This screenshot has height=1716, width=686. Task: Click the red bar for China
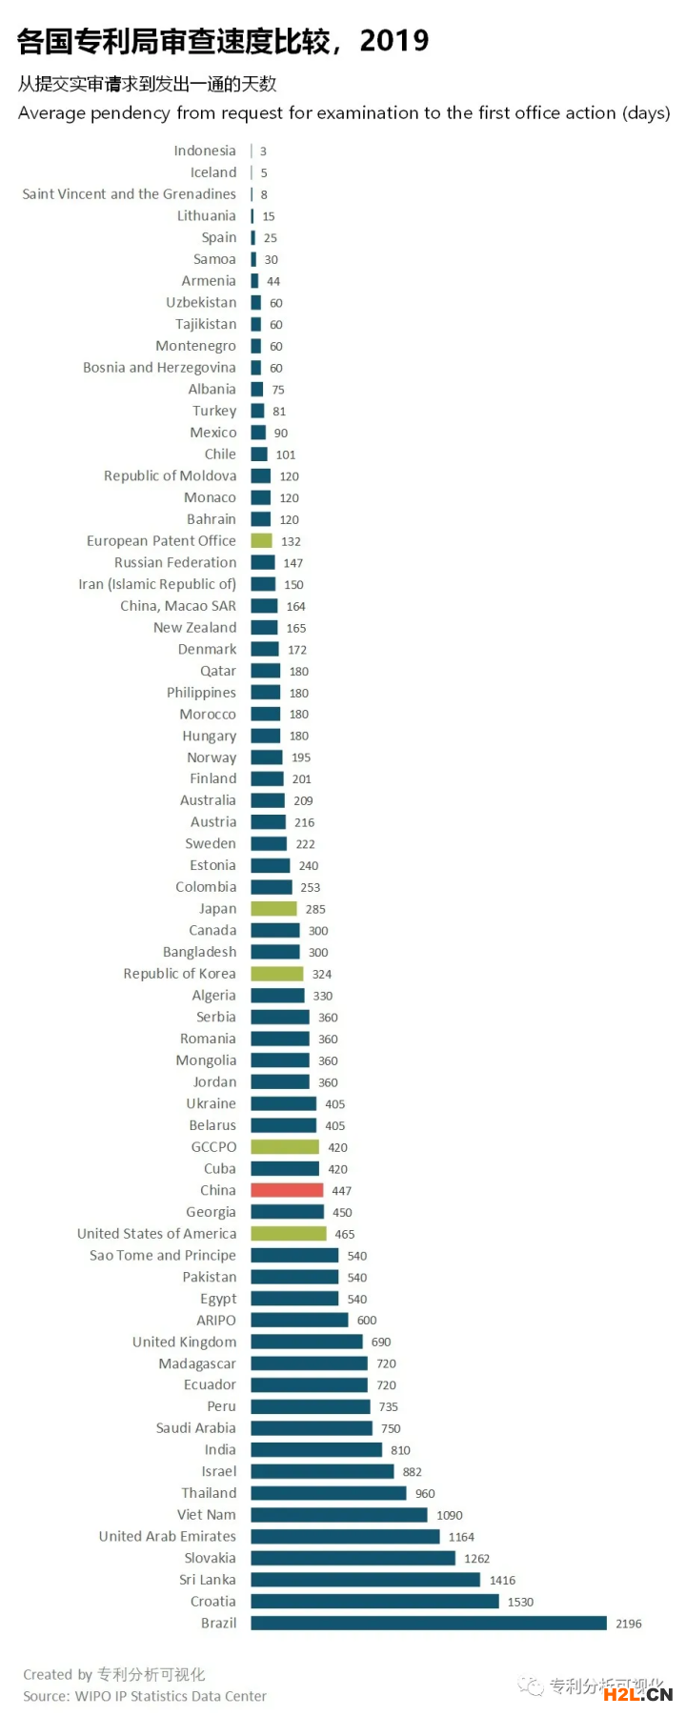287,1190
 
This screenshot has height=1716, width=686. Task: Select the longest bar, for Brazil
429,1623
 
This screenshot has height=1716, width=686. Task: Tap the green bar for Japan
273,909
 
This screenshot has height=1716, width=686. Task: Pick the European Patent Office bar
261,541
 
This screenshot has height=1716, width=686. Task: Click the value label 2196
629,1624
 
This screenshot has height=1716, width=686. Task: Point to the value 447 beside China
342,1191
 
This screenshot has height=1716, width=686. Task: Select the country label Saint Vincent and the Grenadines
130,194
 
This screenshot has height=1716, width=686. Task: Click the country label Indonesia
205,151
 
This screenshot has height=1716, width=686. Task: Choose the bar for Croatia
374,1602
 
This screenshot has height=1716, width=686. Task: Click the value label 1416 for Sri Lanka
502,1580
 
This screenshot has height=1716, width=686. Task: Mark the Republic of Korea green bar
277,974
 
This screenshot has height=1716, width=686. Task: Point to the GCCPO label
213,1147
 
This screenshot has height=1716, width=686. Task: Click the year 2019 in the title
394,41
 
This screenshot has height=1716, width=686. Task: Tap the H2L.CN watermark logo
638,1693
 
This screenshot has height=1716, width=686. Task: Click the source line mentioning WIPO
145,1696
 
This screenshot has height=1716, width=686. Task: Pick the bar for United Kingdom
307,1342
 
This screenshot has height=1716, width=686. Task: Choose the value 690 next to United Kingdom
381,1342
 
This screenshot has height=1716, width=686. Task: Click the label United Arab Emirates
168,1536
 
